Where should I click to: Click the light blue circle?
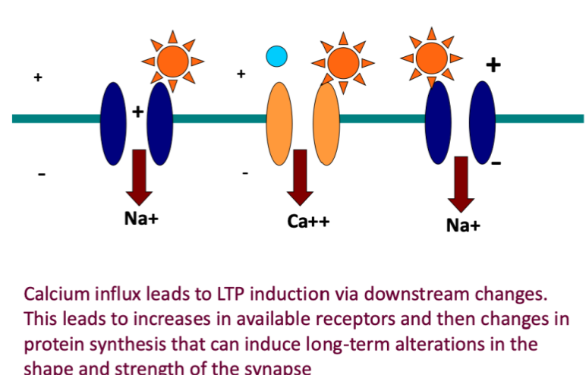(x=276, y=55)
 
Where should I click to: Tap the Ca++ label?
(x=308, y=222)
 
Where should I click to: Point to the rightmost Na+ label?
(x=463, y=225)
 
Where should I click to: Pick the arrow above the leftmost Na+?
(x=140, y=175)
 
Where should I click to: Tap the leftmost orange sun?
(x=173, y=58)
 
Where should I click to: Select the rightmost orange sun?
(x=431, y=55)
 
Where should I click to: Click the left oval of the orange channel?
(x=279, y=123)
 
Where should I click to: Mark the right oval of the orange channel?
(x=326, y=123)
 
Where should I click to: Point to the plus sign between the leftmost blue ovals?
(x=137, y=112)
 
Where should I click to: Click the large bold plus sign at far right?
(x=493, y=65)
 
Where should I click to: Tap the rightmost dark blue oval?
(x=482, y=122)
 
